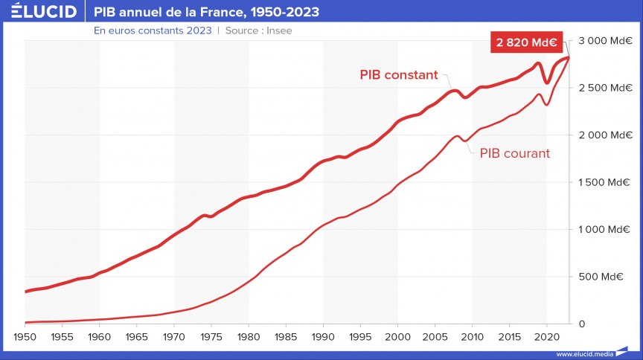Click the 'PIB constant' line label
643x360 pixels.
(x=399, y=75)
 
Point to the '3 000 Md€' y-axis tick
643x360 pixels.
(x=605, y=40)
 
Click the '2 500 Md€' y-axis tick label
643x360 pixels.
(x=605, y=88)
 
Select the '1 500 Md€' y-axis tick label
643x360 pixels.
(x=605, y=182)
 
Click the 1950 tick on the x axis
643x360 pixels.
(x=25, y=337)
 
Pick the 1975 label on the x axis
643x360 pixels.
(x=211, y=337)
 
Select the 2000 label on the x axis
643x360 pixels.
(x=397, y=337)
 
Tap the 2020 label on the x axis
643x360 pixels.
(x=546, y=337)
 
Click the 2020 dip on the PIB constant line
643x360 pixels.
(x=547, y=83)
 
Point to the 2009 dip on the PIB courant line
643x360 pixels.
(x=464, y=141)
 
